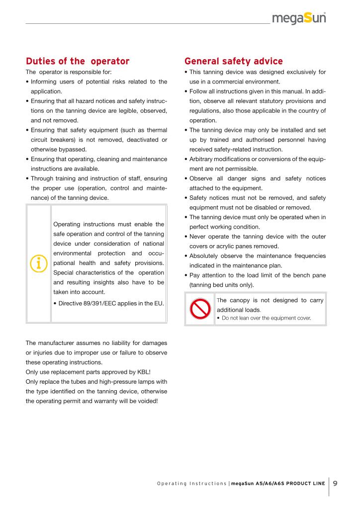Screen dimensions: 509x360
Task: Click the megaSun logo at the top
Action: click(x=299, y=19)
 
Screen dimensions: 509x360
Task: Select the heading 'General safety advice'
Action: click(x=233, y=62)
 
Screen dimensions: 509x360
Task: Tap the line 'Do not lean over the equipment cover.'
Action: click(x=266, y=318)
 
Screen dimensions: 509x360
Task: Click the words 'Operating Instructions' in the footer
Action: click(x=191, y=483)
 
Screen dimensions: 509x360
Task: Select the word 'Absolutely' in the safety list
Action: click(x=205, y=256)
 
